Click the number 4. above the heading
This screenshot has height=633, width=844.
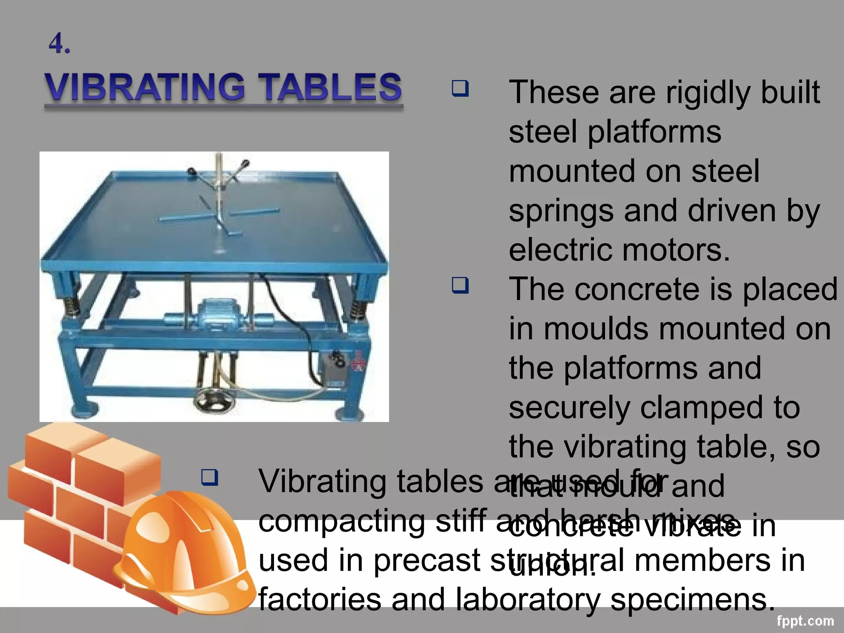[59, 44]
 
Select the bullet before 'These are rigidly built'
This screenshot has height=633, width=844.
[460, 88]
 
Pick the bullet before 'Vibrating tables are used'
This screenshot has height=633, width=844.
[209, 477]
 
